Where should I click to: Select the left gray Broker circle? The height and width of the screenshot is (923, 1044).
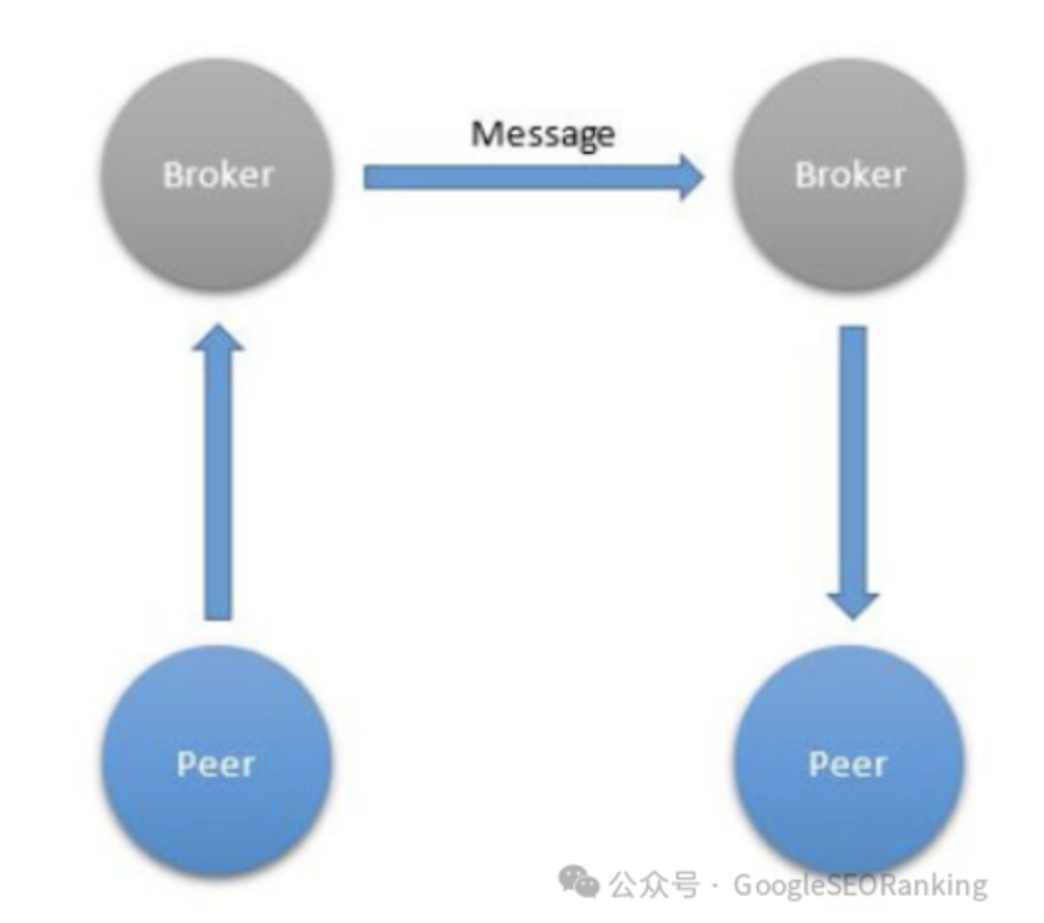click(217, 212)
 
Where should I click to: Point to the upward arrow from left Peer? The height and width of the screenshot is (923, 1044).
click(217, 493)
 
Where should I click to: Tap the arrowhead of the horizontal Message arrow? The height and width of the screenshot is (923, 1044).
click(690, 177)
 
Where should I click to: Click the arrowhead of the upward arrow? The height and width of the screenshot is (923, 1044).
click(217, 340)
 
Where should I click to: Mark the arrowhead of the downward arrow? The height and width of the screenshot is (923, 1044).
click(852, 603)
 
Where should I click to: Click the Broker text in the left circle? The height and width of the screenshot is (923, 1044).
click(217, 175)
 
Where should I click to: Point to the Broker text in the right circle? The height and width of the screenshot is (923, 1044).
click(850, 175)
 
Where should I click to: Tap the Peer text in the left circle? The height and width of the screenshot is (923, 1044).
click(216, 764)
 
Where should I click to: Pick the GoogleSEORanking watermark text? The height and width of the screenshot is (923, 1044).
click(859, 885)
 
